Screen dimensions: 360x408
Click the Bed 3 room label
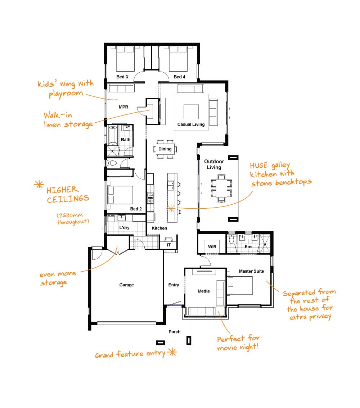click(122, 77)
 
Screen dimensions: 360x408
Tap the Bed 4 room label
click(179, 77)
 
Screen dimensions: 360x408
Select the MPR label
click(123, 107)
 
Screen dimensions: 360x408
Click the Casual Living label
click(191, 124)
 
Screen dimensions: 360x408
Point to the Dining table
click(165, 149)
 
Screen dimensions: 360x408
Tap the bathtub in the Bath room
click(113, 135)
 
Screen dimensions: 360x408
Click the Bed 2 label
click(136, 209)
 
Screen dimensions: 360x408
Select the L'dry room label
click(124, 228)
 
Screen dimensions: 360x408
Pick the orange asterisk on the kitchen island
click(171, 208)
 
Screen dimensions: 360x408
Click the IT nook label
click(169, 245)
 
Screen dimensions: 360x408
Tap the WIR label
click(212, 247)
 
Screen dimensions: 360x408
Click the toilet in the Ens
click(231, 239)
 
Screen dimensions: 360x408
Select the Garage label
click(126, 285)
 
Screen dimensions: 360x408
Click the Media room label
click(203, 291)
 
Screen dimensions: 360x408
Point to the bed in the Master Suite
click(240, 286)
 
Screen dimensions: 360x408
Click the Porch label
click(174, 332)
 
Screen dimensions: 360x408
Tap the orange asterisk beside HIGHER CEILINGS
click(39, 185)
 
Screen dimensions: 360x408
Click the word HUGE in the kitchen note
click(259, 166)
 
